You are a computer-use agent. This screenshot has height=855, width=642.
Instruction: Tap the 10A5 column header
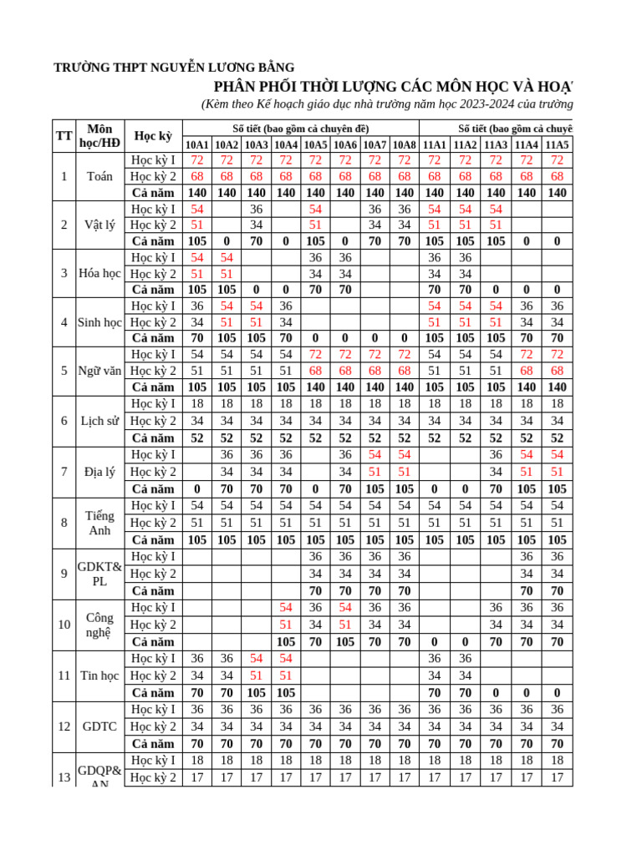(315, 144)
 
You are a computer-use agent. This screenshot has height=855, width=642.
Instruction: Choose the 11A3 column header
(496, 144)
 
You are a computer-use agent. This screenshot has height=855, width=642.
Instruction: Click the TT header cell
(64, 135)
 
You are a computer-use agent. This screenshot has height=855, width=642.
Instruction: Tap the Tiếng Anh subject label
(99, 524)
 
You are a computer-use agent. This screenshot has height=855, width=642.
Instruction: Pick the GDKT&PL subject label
(99, 574)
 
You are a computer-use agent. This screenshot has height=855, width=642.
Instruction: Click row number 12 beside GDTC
(64, 726)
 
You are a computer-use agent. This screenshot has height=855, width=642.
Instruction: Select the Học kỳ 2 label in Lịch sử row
(154, 421)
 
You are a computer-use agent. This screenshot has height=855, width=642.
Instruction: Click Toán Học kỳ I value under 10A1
(197, 160)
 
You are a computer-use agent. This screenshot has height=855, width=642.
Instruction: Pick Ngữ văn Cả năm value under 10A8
(404, 387)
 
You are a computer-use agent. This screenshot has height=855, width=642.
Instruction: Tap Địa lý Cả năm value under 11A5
(558, 489)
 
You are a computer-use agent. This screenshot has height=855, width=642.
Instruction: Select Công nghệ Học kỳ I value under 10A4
(286, 607)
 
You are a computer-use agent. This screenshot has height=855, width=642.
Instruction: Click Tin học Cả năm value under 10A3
(256, 693)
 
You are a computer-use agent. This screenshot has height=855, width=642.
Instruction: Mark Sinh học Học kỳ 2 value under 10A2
(227, 322)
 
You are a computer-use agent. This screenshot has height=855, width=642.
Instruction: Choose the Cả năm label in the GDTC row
(154, 744)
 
